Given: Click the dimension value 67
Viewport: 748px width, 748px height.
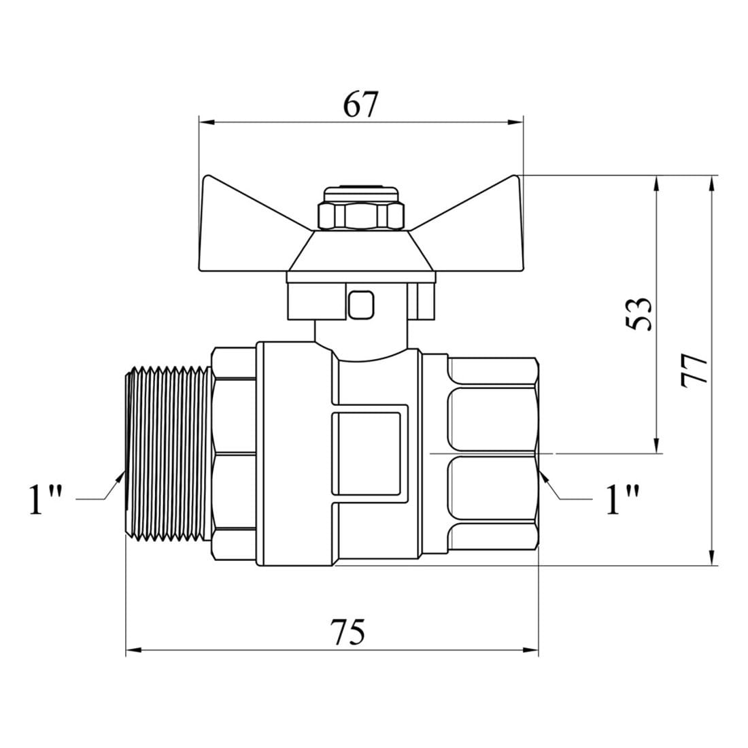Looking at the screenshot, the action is [360, 104].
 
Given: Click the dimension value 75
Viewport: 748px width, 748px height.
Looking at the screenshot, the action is [349, 632].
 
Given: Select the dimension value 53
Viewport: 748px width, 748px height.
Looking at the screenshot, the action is [638, 314].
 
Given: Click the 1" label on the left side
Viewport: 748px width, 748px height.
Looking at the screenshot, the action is [46, 500].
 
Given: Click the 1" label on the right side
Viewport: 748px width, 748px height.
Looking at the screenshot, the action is [622, 500].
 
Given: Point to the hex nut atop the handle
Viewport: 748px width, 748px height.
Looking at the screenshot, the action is [360, 215].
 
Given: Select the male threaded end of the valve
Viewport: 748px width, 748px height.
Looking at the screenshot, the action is [168, 454].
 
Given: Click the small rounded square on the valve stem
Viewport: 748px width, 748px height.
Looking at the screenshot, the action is [360, 305].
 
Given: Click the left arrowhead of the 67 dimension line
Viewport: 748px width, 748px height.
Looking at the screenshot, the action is [206, 122].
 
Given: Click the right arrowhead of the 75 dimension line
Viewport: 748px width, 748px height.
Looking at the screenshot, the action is [531, 649].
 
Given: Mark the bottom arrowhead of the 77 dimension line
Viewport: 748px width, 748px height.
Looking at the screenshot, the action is [712, 558].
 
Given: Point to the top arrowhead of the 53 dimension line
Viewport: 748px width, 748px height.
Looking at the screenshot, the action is [657, 183].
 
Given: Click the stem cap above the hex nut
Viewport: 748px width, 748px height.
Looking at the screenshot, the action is [360, 194].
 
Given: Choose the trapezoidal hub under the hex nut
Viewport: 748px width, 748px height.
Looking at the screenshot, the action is [360, 252].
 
